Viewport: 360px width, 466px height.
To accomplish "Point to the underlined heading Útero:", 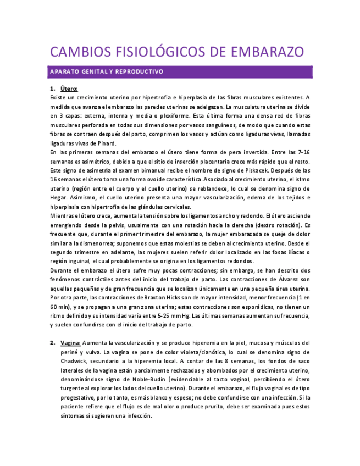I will click(69, 89).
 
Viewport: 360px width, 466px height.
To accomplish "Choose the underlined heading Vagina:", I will click(71, 343).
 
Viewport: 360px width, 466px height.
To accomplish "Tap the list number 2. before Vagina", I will click(53, 343).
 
